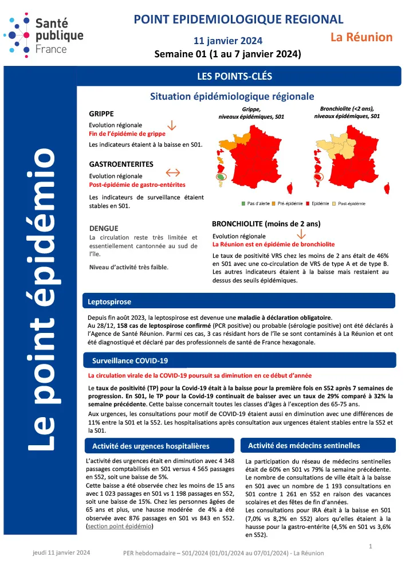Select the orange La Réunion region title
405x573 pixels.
click(361, 37)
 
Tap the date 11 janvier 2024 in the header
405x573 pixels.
click(228, 41)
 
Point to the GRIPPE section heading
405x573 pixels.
click(101, 113)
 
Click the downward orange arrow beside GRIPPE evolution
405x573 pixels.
click(171, 125)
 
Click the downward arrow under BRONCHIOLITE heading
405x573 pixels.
click(301, 234)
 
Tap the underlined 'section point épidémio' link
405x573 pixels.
click(120, 525)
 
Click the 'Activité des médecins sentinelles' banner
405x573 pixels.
click(304, 445)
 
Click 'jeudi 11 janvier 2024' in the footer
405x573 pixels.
click(61, 553)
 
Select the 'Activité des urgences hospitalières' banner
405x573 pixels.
click(147, 446)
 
